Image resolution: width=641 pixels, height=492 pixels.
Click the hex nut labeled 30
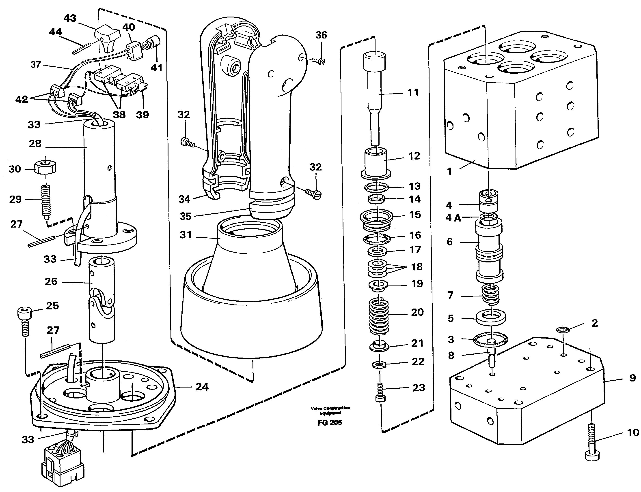coord(45,168)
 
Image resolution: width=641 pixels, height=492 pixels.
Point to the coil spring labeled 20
coord(379,317)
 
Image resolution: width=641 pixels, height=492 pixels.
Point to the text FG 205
coord(330,423)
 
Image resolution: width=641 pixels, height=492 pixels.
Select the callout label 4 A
coord(453,218)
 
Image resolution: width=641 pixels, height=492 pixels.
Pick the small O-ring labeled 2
coord(563,330)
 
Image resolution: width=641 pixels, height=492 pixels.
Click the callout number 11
coord(413,93)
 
